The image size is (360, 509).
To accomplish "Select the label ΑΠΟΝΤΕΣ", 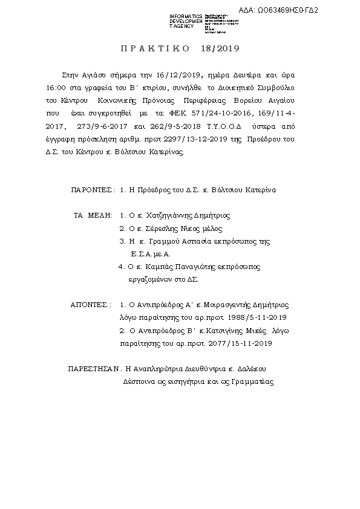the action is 90,305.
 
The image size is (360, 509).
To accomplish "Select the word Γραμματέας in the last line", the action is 253,382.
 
